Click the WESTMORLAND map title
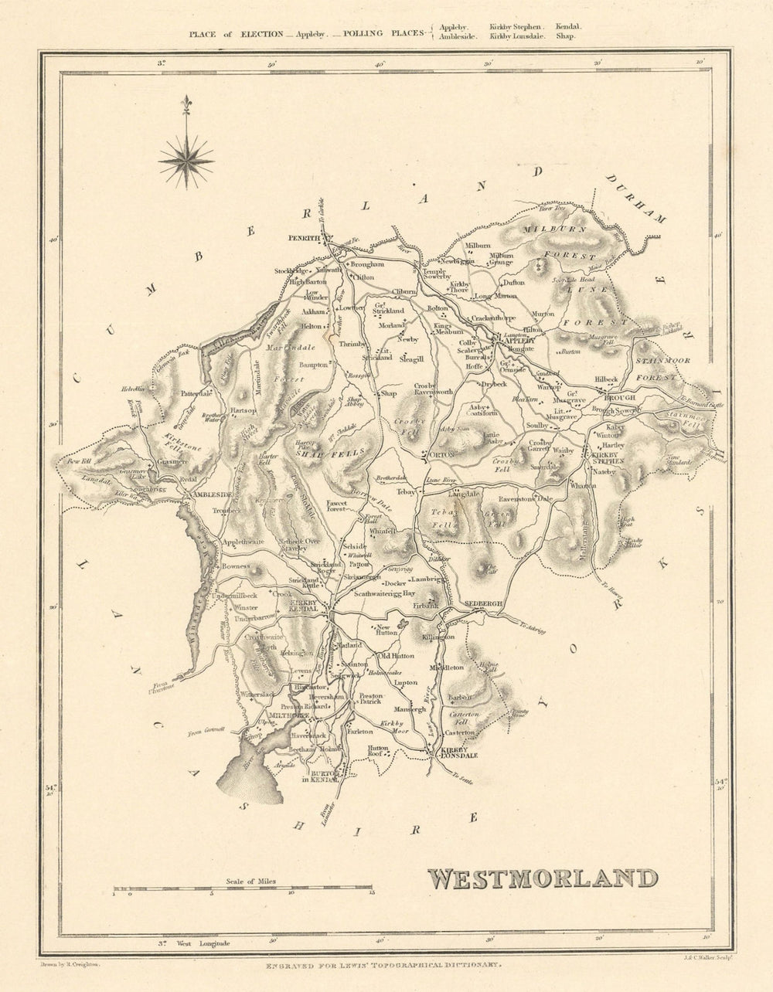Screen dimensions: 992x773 point(542,878)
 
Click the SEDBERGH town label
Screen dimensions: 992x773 point(484,602)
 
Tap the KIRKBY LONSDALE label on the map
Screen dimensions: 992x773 point(456,754)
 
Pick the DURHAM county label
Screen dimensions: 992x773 point(635,199)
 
